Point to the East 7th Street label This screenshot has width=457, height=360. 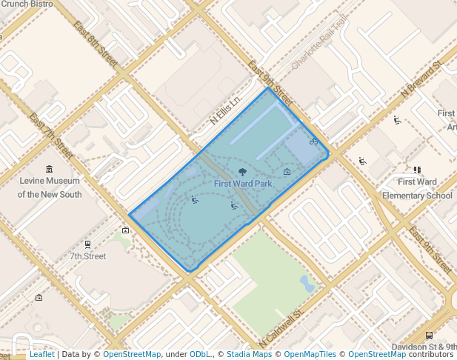(x=50, y=136)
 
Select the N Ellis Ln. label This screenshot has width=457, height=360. (x=226, y=110)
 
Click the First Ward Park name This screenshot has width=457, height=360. (x=243, y=183)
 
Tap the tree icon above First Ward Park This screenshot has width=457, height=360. (x=243, y=172)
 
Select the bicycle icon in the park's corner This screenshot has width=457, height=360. (x=314, y=141)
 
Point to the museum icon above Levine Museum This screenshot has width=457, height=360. (x=50, y=169)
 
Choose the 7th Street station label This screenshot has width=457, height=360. (x=88, y=256)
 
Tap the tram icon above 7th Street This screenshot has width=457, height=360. (x=88, y=244)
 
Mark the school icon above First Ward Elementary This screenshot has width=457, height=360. (x=417, y=170)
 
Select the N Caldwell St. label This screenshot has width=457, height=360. (x=282, y=328)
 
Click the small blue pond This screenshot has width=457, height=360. (x=307, y=283)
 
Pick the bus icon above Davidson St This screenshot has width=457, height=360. (x=430, y=335)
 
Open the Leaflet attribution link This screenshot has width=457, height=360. (x=42, y=355)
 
